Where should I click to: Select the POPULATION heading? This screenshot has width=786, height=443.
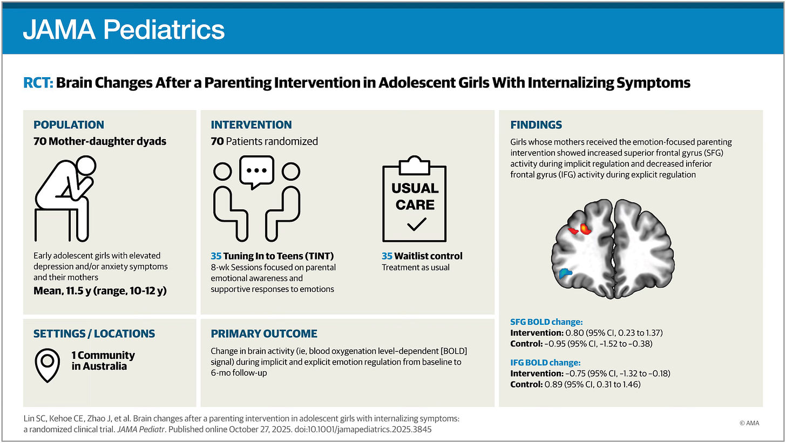coord(69,125)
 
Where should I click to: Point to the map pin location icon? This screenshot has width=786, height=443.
coord(47,365)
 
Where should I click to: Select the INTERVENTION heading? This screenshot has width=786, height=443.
coord(251,125)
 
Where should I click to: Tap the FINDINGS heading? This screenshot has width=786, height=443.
coord(536,125)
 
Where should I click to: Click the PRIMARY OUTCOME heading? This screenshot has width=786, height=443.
coord(264,333)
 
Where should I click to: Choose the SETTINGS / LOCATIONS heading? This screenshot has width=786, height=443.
coord(94,333)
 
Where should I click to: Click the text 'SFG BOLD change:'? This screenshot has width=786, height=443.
coord(546,322)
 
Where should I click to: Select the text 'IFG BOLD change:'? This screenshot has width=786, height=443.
coord(545,363)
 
